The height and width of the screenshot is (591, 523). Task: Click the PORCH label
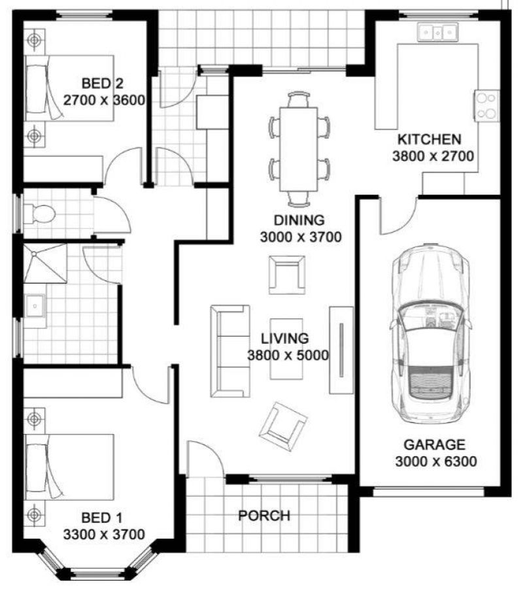tap(264, 515)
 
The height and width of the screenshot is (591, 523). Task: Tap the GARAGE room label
tap(435, 445)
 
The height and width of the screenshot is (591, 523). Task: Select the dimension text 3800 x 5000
tap(288, 355)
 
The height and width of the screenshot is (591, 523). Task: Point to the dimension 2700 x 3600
tap(104, 100)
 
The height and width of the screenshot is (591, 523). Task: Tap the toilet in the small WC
tap(39, 214)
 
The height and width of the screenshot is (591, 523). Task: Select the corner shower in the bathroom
tap(45, 263)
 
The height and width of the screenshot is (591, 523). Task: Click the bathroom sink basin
tap(35, 306)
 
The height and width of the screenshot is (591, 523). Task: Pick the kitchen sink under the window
tap(437, 32)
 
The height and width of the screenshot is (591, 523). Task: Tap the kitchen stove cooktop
tap(486, 106)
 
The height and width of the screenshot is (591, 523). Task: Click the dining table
tap(298, 149)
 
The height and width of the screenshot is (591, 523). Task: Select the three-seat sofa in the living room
tap(230, 351)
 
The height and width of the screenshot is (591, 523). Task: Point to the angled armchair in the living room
tap(283, 427)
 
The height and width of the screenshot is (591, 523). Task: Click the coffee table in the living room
tap(286, 349)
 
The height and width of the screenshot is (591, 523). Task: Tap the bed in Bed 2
tap(69, 88)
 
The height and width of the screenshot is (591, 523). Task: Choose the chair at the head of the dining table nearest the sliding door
tap(299, 99)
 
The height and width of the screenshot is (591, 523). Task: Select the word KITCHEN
tap(429, 139)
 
